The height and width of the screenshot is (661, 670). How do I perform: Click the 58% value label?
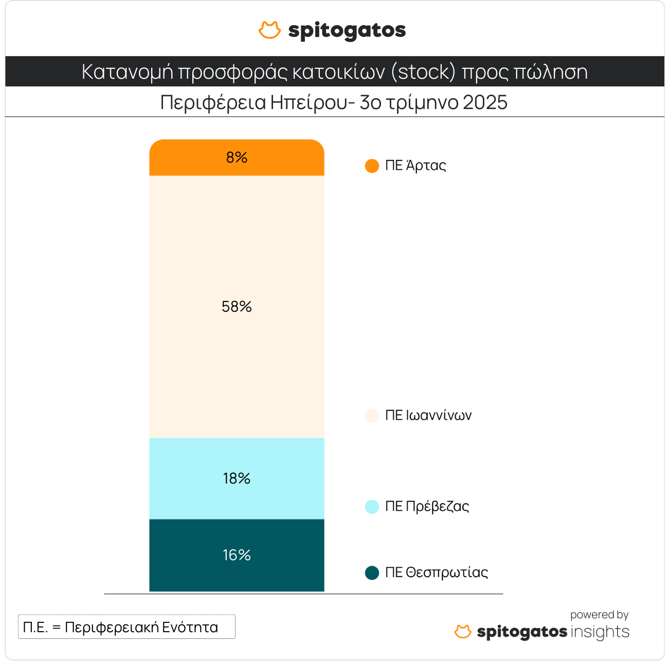coord(237,307)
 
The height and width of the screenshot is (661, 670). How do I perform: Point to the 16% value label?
coord(237,555)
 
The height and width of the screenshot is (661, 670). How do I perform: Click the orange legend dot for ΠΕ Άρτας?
coord(372,166)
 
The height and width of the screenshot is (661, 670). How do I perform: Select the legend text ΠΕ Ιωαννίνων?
coord(428,416)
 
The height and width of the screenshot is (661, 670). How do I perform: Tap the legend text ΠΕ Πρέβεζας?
coord(427,507)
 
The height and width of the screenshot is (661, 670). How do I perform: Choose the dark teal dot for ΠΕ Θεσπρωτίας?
coord(372,573)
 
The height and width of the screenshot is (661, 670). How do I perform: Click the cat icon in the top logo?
coord(269,30)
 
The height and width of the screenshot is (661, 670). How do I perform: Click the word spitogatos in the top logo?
coord(347,31)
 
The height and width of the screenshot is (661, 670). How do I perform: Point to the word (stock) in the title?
coord(423,72)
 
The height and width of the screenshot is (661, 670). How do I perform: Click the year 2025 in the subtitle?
coord(485,102)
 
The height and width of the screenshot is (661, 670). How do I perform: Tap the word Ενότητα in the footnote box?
coord(190,628)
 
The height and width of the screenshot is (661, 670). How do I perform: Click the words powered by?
coord(599,615)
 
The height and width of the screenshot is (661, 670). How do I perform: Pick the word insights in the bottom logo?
coord(600,632)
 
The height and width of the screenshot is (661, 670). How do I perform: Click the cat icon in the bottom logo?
coord(463,632)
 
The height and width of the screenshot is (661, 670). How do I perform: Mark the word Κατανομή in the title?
coord(127,72)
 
